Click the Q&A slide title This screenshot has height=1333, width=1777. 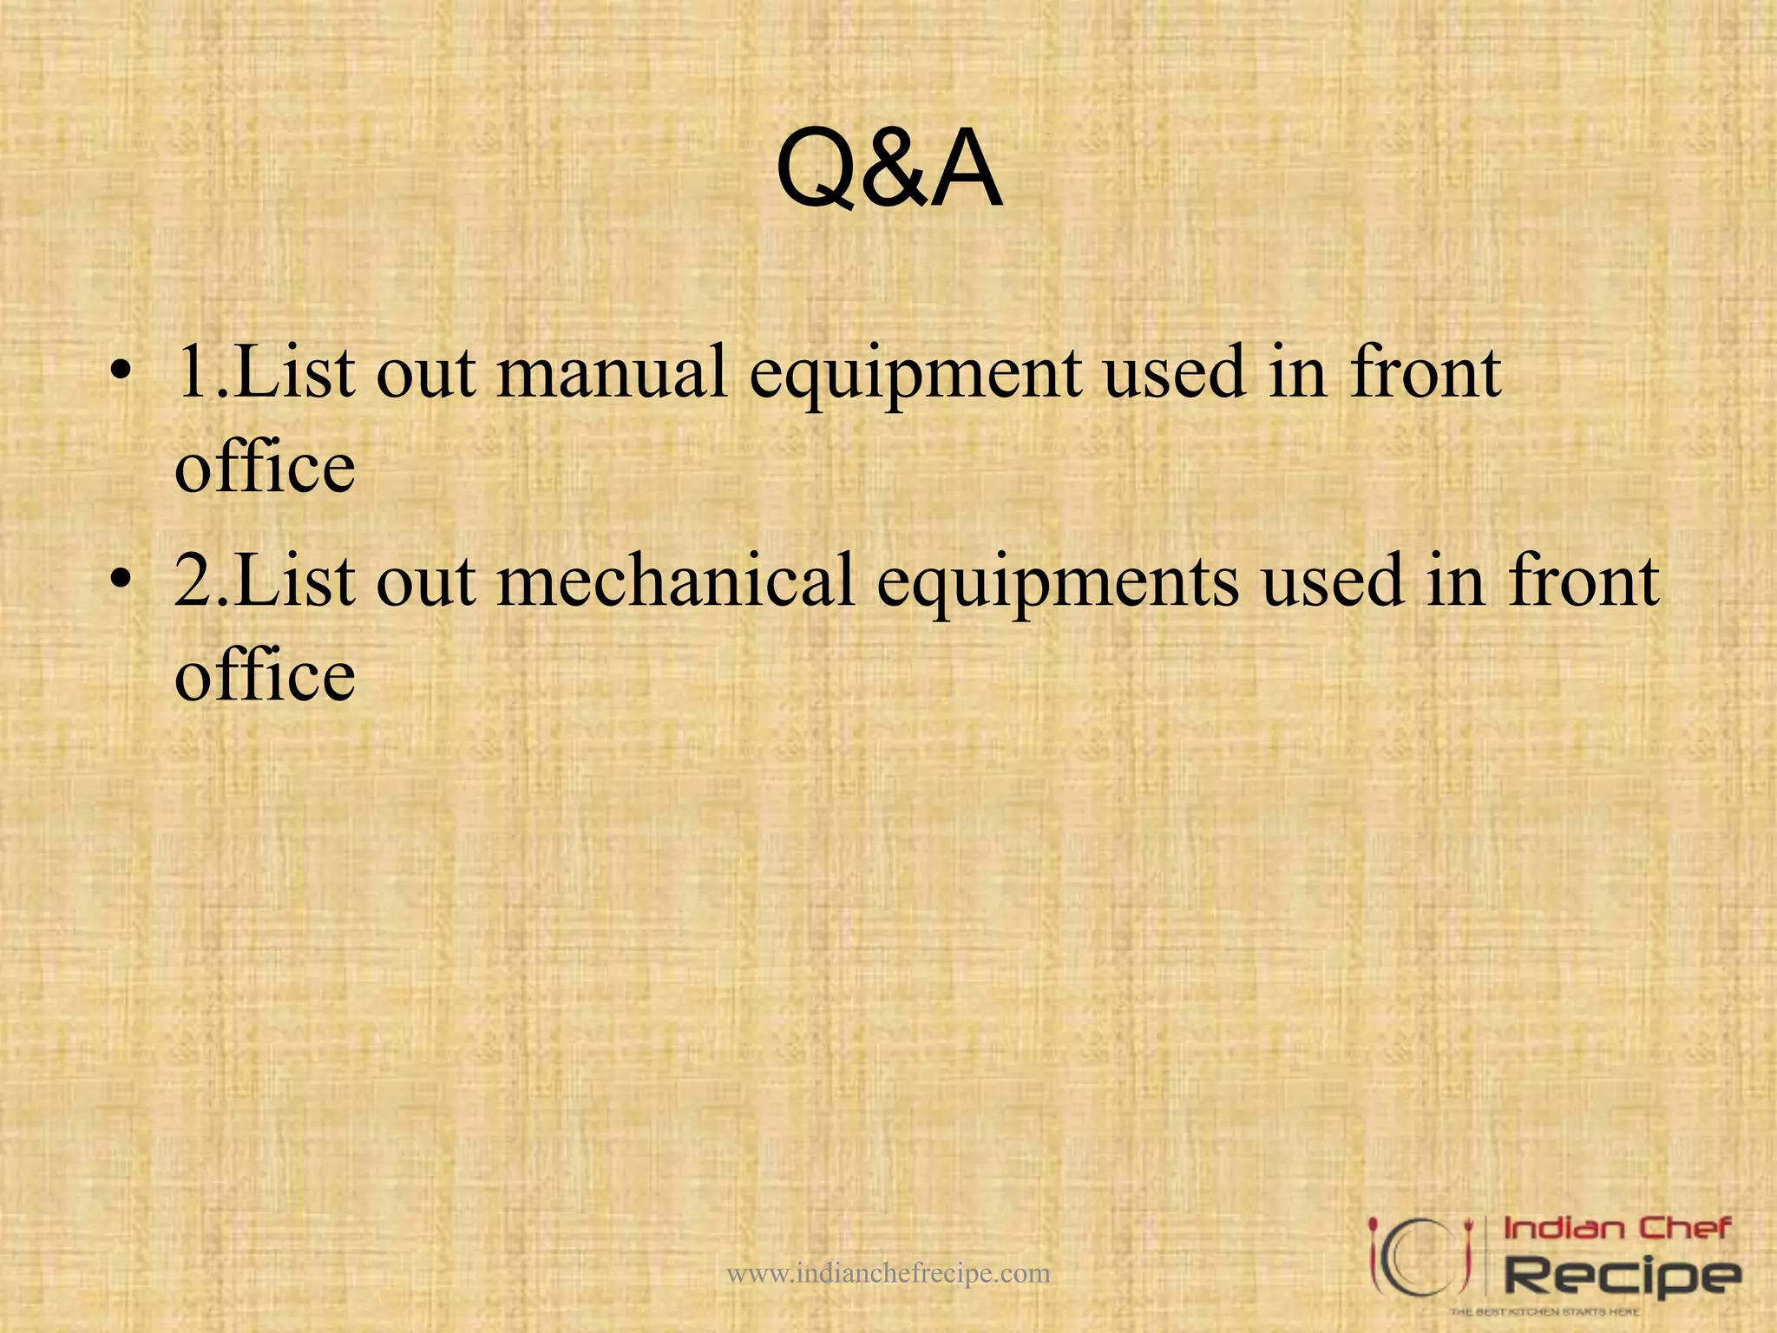tap(888, 169)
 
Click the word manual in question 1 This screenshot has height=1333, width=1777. tap(611, 373)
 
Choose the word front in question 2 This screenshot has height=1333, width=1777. tap(1584, 581)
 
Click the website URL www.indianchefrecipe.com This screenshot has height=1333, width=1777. tap(888, 1273)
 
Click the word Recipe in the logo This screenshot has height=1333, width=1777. tap(1621, 1276)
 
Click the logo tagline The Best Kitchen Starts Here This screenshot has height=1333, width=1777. tap(1544, 1311)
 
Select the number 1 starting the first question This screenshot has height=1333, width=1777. tap(191, 373)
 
